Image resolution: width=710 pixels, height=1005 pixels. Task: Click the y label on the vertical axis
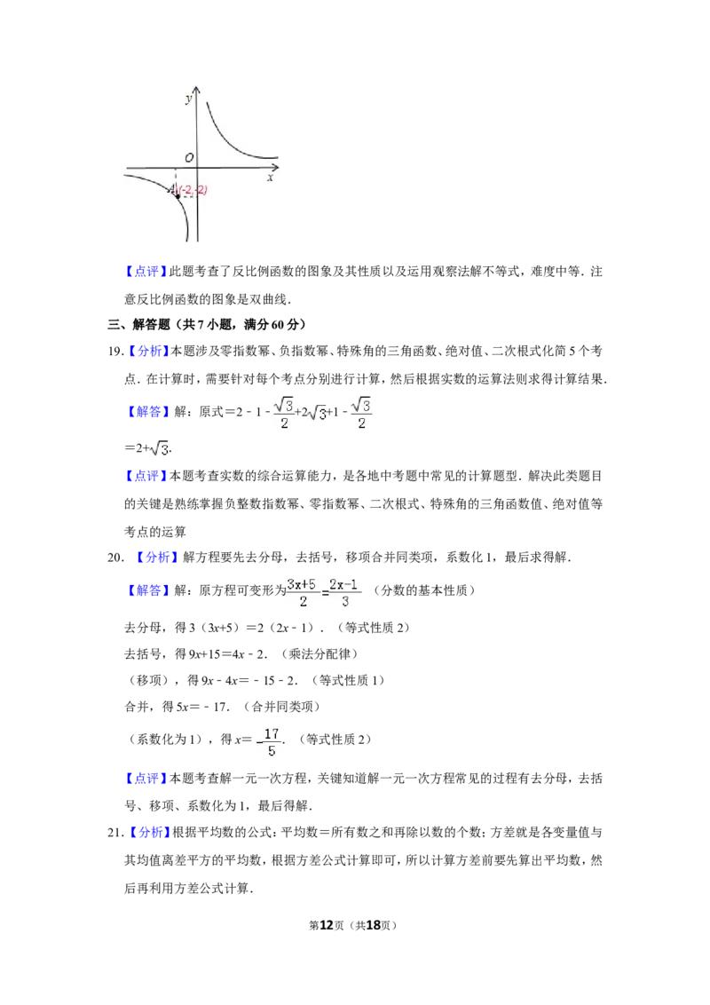coord(188,99)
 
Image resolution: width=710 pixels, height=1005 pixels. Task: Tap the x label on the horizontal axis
coord(270,178)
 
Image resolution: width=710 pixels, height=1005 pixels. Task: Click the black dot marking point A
coord(178,195)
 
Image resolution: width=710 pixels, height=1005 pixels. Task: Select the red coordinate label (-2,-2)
coord(193,190)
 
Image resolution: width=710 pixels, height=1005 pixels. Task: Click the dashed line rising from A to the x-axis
coord(176,180)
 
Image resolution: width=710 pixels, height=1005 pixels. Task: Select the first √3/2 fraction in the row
coord(284,413)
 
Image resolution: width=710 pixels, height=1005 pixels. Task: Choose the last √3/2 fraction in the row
coord(362,413)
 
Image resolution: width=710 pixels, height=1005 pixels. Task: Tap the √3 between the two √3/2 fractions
coord(317,413)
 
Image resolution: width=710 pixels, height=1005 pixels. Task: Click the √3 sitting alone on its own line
coord(160,450)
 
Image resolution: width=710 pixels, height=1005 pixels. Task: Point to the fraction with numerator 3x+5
coord(302,593)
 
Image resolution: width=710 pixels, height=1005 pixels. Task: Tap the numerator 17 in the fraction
coord(272,734)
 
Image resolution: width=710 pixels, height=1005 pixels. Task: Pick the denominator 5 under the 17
coord(272,751)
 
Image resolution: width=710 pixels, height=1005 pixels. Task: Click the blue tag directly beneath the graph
coord(146,271)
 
